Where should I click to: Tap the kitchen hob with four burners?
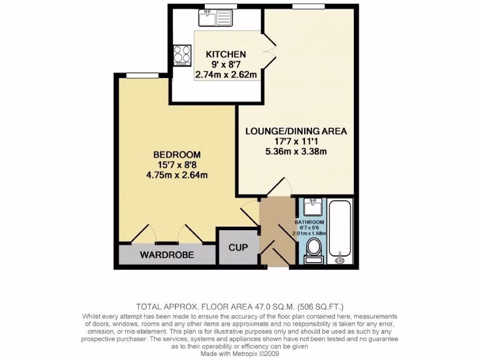(182, 55)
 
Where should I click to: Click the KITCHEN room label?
(226, 54)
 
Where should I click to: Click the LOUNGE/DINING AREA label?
(296, 131)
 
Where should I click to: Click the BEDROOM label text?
(177, 155)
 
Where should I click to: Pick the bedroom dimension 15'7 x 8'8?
(177, 165)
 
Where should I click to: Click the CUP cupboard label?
(238, 247)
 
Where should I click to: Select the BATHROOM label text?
(309, 222)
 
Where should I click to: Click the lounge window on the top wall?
(308, 6)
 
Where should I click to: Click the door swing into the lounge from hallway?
(279, 187)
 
